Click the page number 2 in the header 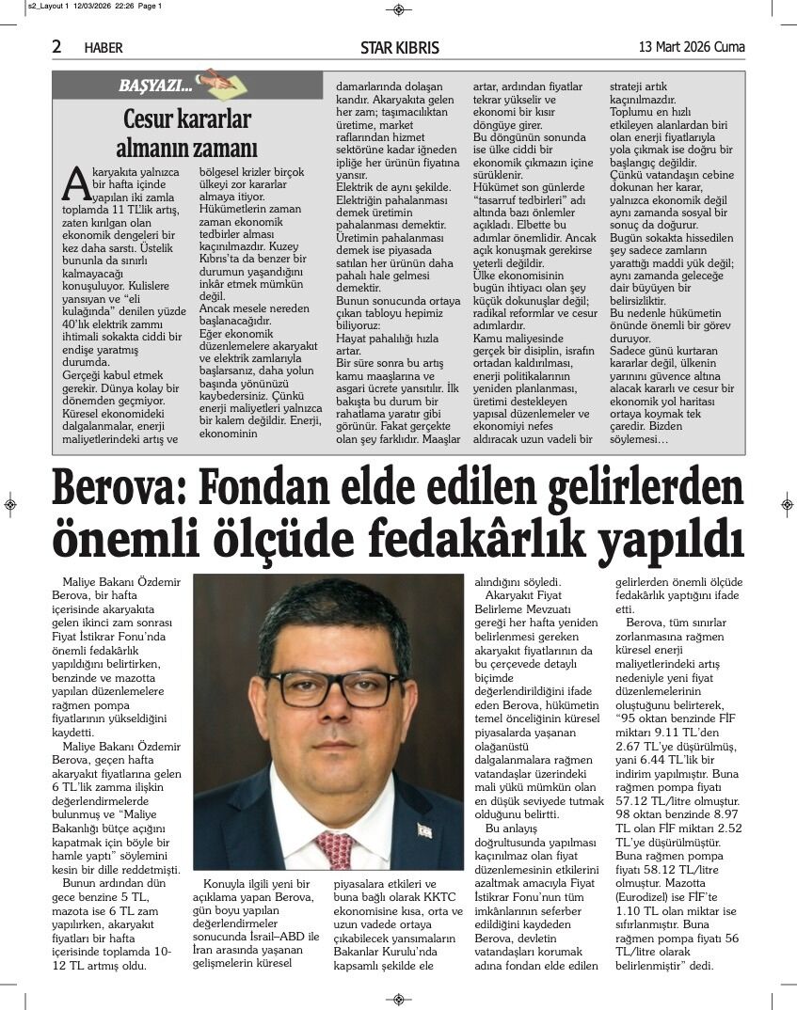(57, 46)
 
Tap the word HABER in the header (104, 48)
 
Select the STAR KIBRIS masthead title (399, 47)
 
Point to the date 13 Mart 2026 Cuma (692, 47)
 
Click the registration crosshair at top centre (398, 9)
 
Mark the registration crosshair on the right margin (787, 505)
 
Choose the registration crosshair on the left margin (9, 505)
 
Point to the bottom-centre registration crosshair (398, 1000)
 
